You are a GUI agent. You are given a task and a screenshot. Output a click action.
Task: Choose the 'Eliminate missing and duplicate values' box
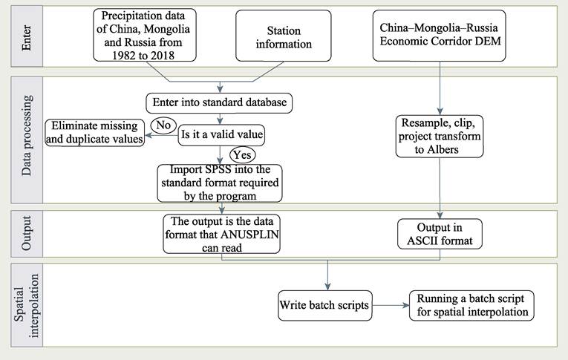pyautogui.click(x=94, y=132)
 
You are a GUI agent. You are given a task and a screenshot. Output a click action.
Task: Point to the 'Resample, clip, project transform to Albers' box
pyautogui.click(x=440, y=131)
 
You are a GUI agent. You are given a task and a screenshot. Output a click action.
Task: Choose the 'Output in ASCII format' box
pyautogui.click(x=440, y=233)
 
